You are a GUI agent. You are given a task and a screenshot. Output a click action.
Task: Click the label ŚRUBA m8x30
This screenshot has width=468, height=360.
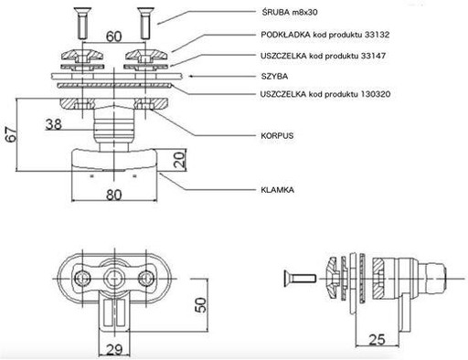tap(290, 12)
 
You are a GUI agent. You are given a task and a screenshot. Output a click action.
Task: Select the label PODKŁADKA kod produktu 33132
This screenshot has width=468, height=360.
tap(325, 35)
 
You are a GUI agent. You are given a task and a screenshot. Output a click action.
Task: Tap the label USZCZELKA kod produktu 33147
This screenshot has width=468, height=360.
tap(324, 56)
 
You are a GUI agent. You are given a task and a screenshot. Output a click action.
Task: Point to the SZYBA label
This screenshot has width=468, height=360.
tap(274, 76)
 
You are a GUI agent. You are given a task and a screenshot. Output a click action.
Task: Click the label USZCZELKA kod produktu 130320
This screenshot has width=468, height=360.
tap(325, 94)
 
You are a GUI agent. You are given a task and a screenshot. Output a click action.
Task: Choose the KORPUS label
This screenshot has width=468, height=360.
tap(277, 135)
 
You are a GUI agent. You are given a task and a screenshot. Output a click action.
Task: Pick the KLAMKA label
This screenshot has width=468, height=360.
tap(278, 190)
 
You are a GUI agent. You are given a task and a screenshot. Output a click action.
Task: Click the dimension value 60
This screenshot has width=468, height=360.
tap(113, 37)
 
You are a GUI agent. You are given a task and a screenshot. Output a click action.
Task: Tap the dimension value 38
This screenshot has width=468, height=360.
tap(54, 124)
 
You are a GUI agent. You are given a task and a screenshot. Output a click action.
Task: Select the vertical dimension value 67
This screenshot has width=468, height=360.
tap(12, 134)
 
